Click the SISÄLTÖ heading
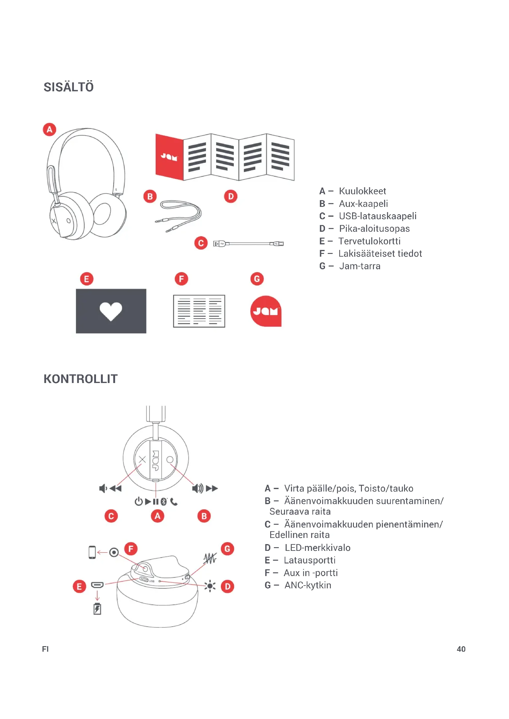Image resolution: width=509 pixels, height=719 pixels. tap(68, 87)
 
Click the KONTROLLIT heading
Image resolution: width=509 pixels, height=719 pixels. tap(81, 379)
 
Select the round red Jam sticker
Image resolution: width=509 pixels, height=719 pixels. tap(266, 311)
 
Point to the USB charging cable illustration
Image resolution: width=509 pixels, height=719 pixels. tap(248, 243)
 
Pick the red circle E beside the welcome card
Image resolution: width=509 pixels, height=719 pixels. tap(87, 279)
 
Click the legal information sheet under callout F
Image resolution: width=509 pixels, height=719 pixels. tap(199, 311)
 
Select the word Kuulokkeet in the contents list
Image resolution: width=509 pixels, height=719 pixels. tap(362, 191)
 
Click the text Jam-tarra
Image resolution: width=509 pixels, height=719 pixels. tap(359, 266)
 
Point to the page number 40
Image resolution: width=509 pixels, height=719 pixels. tap(461, 649)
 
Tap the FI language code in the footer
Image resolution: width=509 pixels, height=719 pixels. tap(46, 649)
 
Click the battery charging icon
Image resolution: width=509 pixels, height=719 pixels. tap(97, 609)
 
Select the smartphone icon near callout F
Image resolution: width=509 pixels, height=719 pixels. tap(92, 552)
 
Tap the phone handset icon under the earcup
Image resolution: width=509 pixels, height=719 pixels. tap(174, 502)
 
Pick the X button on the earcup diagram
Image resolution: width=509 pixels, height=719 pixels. tap(142, 459)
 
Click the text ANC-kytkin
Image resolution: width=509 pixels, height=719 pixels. tap(307, 585)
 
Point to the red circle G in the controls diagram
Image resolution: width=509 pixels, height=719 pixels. tap(227, 549)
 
